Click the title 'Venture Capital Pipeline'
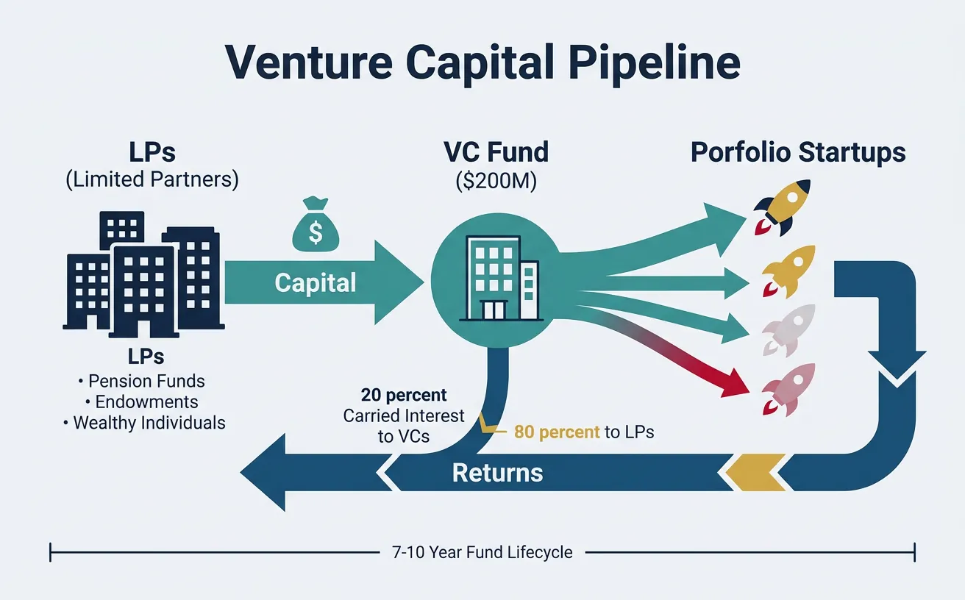[482, 63]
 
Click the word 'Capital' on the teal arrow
[315, 283]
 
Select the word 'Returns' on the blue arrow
[497, 472]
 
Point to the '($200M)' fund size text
[496, 180]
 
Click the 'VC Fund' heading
[496, 152]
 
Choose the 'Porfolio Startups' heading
[798, 152]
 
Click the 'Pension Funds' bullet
[142, 381]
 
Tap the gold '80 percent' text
[557, 432]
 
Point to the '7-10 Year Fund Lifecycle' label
[482, 551]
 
